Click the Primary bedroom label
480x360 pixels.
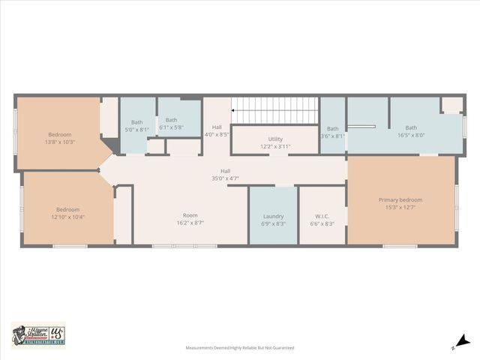(400, 199)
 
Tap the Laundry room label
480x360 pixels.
(273, 216)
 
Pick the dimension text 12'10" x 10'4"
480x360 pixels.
(67, 217)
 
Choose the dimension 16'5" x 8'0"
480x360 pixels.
(411, 135)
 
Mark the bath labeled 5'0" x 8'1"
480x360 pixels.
(136, 129)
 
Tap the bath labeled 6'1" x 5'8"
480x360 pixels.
(172, 127)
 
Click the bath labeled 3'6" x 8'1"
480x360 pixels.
(332, 136)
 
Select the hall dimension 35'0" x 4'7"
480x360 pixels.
(225, 178)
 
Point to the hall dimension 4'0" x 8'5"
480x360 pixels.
(217, 134)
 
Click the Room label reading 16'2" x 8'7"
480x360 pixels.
(190, 223)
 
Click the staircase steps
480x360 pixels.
(276, 110)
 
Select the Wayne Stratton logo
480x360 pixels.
(39, 334)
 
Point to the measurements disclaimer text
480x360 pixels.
(240, 348)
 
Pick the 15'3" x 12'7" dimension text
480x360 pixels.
(400, 207)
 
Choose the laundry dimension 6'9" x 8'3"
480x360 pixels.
(273, 223)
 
